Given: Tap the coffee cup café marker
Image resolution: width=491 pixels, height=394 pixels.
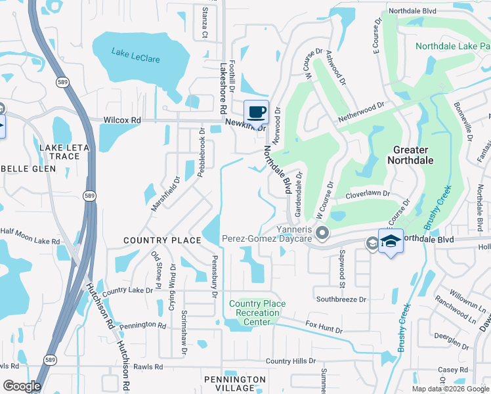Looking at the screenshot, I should pos(256,112).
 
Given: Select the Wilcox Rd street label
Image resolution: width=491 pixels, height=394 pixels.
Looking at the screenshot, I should pos(122,120).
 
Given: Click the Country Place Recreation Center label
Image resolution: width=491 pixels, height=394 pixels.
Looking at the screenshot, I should pos(257,313).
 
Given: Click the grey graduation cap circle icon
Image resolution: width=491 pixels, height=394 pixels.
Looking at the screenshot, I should pos(372,243).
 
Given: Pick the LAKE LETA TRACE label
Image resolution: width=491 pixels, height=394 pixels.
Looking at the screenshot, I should pos(68,153).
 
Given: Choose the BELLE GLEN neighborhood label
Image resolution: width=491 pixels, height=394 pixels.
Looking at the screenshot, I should pos(27,169).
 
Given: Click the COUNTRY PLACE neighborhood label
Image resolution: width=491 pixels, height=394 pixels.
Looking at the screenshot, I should pos(162,240).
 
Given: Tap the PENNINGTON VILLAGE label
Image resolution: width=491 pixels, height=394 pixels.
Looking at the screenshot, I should pos(234,383).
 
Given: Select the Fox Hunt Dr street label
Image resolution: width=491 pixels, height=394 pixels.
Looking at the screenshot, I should pos(324,326).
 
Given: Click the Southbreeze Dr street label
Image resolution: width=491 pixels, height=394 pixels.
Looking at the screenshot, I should pos(341,299).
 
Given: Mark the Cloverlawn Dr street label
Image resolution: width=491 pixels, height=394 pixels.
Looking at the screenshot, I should pos(368,194).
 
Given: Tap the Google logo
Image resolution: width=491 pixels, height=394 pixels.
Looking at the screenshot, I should pos(22,386).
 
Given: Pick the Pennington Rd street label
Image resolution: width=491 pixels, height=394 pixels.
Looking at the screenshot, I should pos(144,324).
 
